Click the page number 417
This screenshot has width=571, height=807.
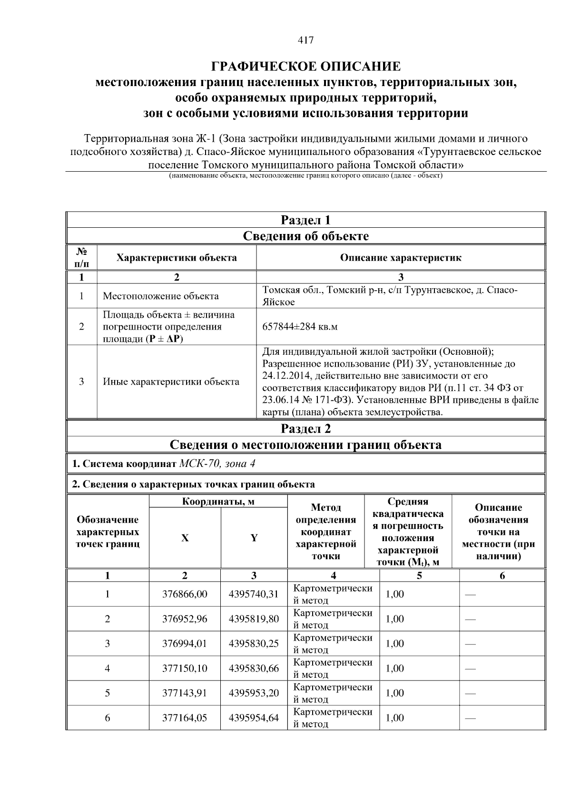(x=305, y=40)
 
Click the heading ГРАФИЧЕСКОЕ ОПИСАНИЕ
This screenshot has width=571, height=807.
(x=305, y=66)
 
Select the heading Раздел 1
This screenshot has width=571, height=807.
(x=305, y=220)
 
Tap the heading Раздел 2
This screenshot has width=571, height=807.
(x=305, y=428)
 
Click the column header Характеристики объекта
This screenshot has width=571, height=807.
(x=177, y=258)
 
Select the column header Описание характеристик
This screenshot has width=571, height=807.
(x=401, y=258)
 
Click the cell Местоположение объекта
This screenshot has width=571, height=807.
(x=161, y=296)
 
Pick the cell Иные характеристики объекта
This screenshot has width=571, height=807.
(x=171, y=381)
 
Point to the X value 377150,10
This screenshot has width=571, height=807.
(x=185, y=668)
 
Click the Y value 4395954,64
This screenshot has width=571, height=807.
(x=254, y=718)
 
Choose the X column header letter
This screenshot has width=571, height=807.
(x=185, y=538)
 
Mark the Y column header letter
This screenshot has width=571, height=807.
(x=254, y=538)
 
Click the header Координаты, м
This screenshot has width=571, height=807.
(x=218, y=502)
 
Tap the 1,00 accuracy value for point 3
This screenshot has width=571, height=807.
(x=394, y=643)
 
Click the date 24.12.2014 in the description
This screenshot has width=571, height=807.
(x=285, y=376)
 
